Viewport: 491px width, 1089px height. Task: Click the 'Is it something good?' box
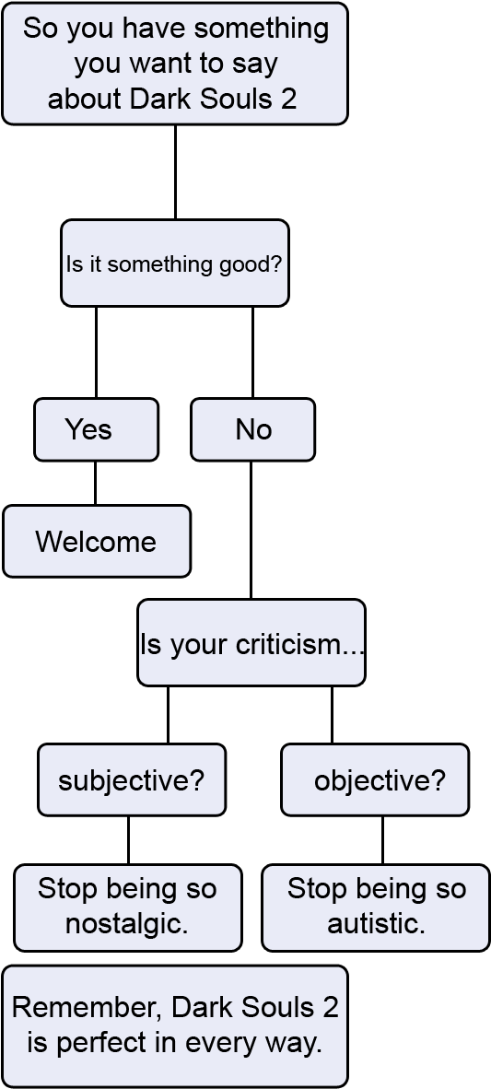175,263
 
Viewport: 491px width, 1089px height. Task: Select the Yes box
97,429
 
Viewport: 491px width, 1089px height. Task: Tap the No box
252,429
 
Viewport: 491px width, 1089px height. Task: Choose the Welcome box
97,541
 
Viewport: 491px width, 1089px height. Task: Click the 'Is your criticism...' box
251,642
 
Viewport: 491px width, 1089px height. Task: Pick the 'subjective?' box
132,780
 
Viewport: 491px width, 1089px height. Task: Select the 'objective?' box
375,780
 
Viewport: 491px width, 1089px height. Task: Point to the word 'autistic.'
377,924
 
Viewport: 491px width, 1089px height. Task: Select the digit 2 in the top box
289,100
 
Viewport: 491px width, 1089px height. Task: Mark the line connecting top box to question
175,172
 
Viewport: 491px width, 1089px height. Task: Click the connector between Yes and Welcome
95,483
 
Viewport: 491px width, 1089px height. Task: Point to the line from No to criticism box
251,530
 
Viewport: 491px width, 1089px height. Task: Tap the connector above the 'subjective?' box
168,715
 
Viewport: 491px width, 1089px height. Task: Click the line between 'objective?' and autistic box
382,840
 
